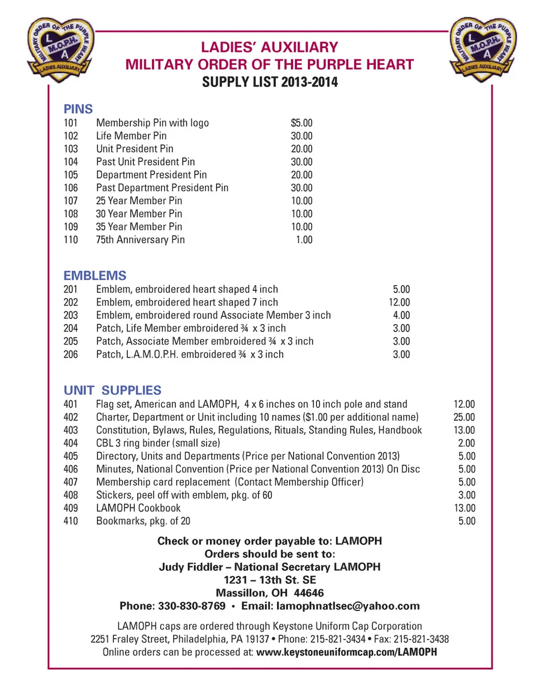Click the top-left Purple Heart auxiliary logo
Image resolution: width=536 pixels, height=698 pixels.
[x=61, y=49]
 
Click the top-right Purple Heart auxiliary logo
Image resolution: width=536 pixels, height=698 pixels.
[x=484, y=49]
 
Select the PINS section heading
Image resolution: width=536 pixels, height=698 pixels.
[x=78, y=109]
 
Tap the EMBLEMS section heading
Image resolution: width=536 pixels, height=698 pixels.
[x=95, y=276]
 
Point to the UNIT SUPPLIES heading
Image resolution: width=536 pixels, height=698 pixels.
[x=112, y=390]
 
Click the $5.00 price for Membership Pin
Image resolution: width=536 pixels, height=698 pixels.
[x=301, y=123]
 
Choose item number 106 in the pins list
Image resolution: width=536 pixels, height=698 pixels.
[x=71, y=188]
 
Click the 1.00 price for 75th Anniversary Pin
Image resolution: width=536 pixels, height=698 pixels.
[x=304, y=240]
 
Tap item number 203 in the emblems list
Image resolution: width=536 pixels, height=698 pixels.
[x=71, y=315]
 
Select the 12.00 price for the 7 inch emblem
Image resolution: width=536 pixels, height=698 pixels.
[x=399, y=302]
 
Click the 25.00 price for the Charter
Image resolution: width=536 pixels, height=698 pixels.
[x=464, y=417]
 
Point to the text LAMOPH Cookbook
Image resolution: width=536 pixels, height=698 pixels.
[x=138, y=508]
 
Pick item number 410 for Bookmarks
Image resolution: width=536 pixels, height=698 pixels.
[x=71, y=521]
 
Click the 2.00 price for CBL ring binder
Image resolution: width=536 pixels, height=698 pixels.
[x=467, y=443]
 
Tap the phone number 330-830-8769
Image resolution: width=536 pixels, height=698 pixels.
[x=192, y=606]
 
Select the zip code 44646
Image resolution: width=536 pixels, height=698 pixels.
[x=309, y=593]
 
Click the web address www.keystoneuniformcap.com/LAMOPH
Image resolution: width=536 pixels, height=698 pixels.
[x=346, y=652]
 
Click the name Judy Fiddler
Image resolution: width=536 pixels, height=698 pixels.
[x=190, y=567]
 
